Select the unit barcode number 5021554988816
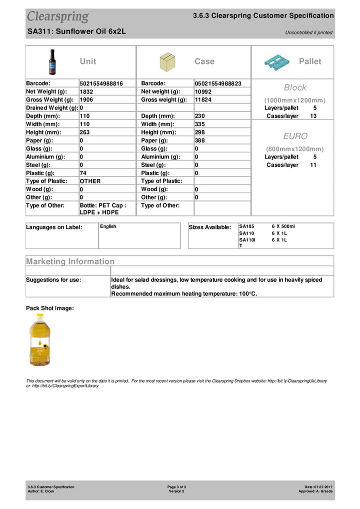pos(101,83)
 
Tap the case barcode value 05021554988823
pos(218,83)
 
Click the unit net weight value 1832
pos(86,91)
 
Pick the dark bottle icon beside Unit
pos(52,61)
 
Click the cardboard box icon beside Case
pos(167,62)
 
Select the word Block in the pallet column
pos(295,87)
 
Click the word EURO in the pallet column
pos(295,136)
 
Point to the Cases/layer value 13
pos(313,116)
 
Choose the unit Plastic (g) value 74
pos(83,173)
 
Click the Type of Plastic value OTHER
pos(90,181)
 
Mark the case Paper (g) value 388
pos(200,140)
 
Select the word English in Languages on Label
pos(108,226)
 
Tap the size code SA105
pos(247,226)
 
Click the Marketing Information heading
pos(70,261)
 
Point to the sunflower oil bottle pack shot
pos(39,340)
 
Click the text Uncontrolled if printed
pos(308,32)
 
